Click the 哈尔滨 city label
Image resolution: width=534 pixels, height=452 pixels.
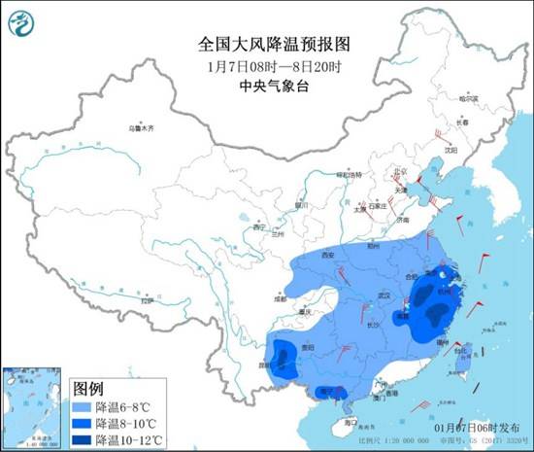(470, 99)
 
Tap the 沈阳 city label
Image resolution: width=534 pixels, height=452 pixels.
(450, 151)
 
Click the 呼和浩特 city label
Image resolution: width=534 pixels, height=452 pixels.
(348, 174)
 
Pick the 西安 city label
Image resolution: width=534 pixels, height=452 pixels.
(327, 255)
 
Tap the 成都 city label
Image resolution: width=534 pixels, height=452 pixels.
(281, 300)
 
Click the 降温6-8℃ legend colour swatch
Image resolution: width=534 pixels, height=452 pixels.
(84, 403)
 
